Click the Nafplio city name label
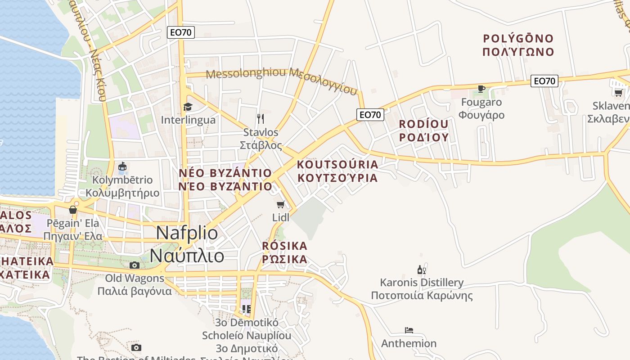pos(187,244)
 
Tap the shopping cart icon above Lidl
pos(281,205)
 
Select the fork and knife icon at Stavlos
pos(261,119)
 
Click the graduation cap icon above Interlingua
pos(188,107)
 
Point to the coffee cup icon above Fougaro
pos(481,89)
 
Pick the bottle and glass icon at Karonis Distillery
pos(422,270)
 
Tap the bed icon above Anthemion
pos(409,330)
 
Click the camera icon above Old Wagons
pos(135,265)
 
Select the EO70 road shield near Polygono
pos(544,81)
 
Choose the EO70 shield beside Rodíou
pos(370,115)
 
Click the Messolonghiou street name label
pos(282,79)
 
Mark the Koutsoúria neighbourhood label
pos(337,171)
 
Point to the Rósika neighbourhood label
pos(285,252)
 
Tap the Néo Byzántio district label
pos(225,180)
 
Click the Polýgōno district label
pos(518,45)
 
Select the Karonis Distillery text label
pos(422,289)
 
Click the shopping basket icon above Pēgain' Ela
pos(73,210)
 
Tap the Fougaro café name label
pos(481,108)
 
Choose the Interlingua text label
pos(188,120)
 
